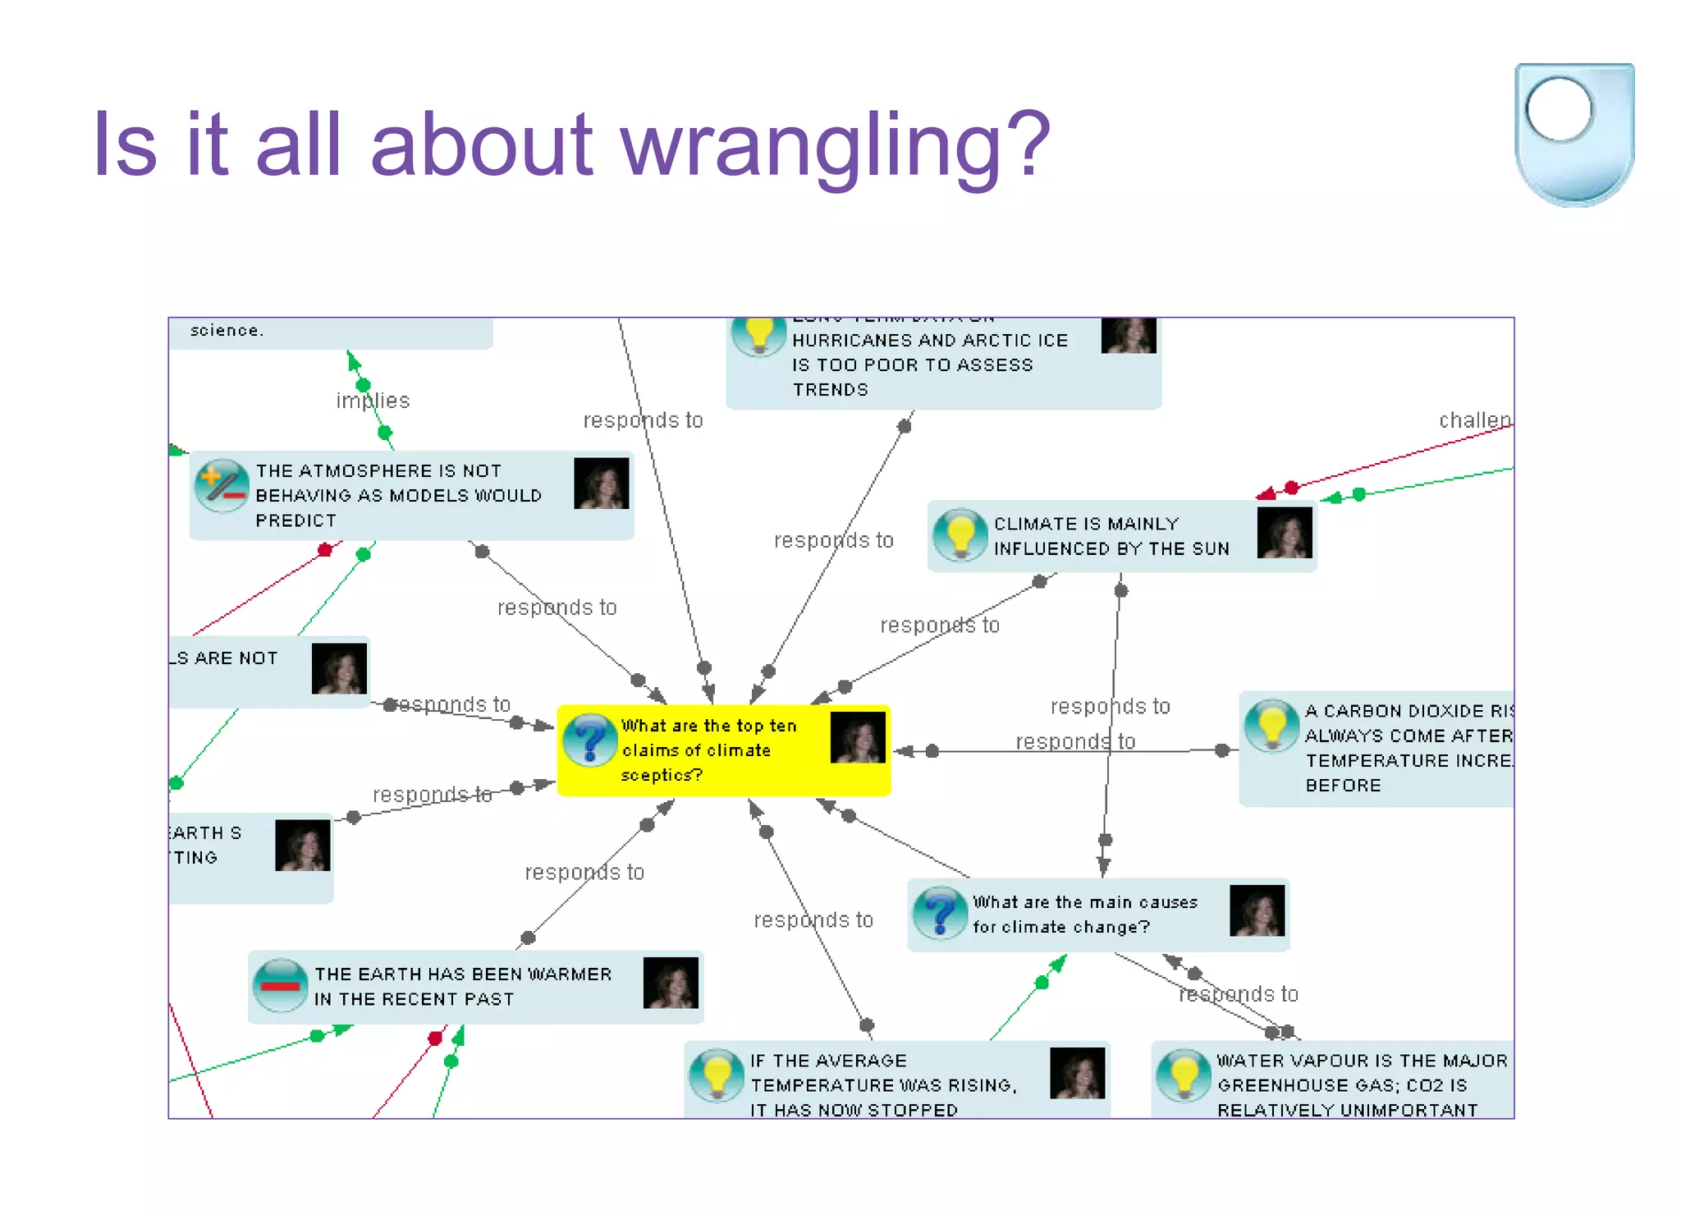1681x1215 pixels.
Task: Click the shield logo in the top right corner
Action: coord(1573,134)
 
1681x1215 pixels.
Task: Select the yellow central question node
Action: coord(723,750)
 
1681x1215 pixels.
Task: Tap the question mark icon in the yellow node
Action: coord(590,740)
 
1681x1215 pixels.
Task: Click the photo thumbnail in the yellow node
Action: coord(858,737)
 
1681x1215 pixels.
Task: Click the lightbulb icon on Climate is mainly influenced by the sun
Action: coord(960,535)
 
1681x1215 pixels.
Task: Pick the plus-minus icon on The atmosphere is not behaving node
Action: coord(222,485)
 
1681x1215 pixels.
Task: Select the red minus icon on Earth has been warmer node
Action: coord(281,985)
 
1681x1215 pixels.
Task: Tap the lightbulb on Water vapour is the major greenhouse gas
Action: coord(1184,1075)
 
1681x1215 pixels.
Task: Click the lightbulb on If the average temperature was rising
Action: coord(717,1075)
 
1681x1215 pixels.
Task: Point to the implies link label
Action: coord(373,401)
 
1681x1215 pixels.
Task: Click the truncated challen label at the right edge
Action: coord(1474,420)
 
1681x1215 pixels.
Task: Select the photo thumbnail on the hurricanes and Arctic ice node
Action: coord(1129,335)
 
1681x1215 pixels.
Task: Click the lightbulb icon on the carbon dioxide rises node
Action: coord(1271,726)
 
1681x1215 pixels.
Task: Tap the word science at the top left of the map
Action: coord(226,331)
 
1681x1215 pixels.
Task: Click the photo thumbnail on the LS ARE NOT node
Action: coord(339,668)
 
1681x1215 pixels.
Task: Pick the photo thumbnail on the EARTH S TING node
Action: coord(303,845)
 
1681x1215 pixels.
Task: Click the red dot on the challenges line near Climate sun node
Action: coord(1291,488)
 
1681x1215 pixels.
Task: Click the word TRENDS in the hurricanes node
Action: coord(830,390)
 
